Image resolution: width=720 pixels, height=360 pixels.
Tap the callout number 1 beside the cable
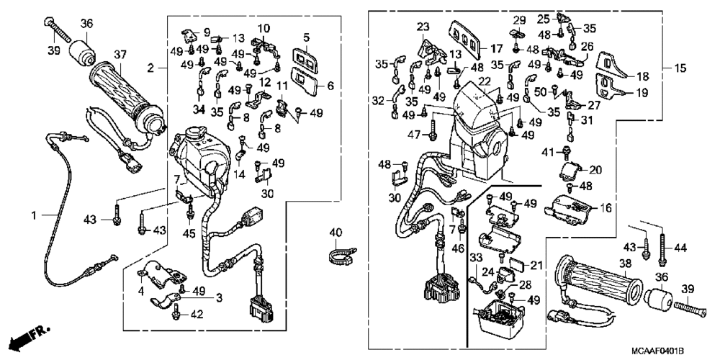pyautogui.click(x=34, y=215)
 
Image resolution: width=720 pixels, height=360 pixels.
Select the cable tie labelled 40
pyautogui.click(x=336, y=252)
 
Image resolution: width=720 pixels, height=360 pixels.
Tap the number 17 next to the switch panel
pyautogui.click(x=497, y=50)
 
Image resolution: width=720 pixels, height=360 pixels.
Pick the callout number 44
pyautogui.click(x=679, y=248)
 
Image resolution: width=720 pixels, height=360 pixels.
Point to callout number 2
pyautogui.click(x=151, y=68)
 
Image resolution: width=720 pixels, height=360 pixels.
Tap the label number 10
pyautogui.click(x=264, y=27)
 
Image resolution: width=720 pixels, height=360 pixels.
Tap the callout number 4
pyautogui.click(x=141, y=292)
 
